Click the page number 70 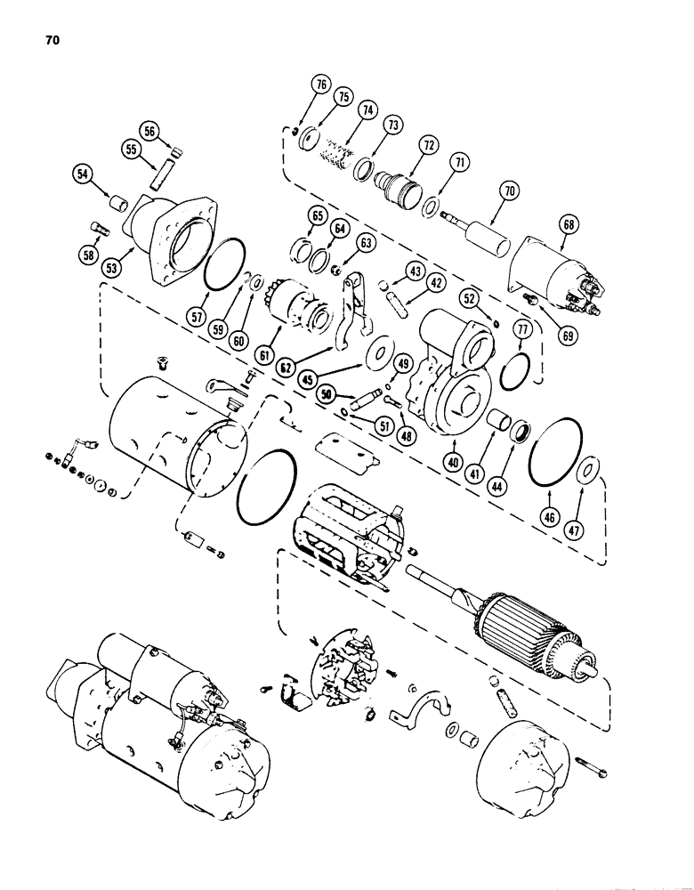point(48,40)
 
